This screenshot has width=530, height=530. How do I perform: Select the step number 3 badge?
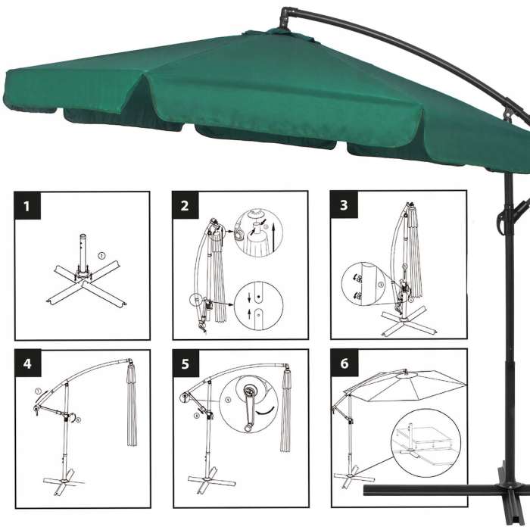[344, 205]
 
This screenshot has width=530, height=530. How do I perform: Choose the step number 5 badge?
[185, 364]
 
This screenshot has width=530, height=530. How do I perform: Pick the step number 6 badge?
[344, 364]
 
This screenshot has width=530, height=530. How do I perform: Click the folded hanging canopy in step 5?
[287, 409]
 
